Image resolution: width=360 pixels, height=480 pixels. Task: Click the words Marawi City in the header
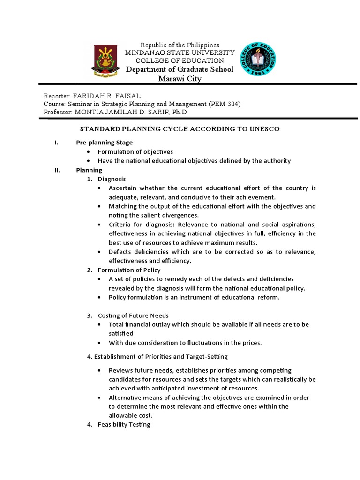click(x=180, y=79)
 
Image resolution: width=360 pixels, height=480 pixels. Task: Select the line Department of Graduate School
click(x=179, y=69)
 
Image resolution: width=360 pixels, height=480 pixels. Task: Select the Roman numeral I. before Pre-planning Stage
click(x=56, y=142)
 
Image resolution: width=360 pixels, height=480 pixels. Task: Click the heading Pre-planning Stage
click(x=105, y=142)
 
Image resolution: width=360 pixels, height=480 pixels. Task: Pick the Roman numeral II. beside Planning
click(x=57, y=170)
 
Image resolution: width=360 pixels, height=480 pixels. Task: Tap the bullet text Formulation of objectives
click(x=135, y=152)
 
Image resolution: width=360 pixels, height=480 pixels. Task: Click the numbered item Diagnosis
click(x=112, y=179)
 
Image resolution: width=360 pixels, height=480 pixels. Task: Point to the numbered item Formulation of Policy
click(x=129, y=270)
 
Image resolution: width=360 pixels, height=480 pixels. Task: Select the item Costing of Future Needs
click(x=133, y=315)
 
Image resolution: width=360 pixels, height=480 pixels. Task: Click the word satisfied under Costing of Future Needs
click(x=121, y=334)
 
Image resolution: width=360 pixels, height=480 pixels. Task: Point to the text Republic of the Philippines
click(x=180, y=45)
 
